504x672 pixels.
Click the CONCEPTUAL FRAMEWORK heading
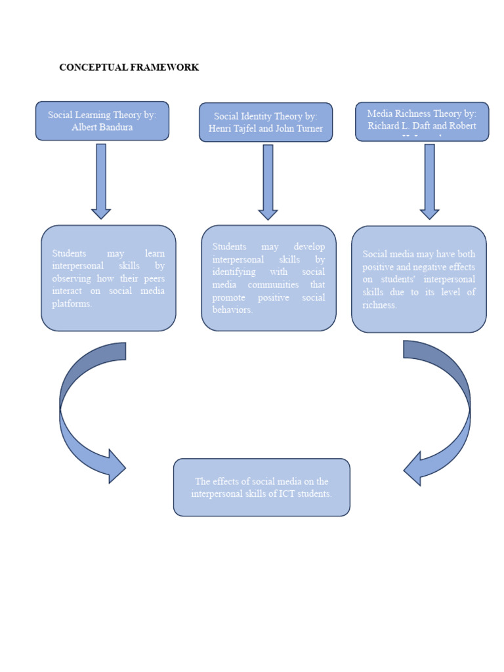tap(129, 68)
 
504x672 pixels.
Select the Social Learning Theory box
tap(102, 121)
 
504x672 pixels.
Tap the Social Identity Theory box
tap(266, 122)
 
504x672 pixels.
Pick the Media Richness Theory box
tap(422, 121)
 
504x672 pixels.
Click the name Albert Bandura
tap(102, 127)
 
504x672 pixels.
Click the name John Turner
tap(299, 129)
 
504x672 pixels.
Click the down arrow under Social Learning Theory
tap(101, 181)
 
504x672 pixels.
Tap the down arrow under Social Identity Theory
tap(268, 182)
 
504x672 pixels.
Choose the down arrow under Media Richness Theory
tap(430, 181)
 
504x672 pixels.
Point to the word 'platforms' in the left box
tap(71, 304)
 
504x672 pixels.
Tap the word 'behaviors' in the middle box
tap(232, 310)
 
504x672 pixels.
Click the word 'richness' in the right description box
tap(379, 305)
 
